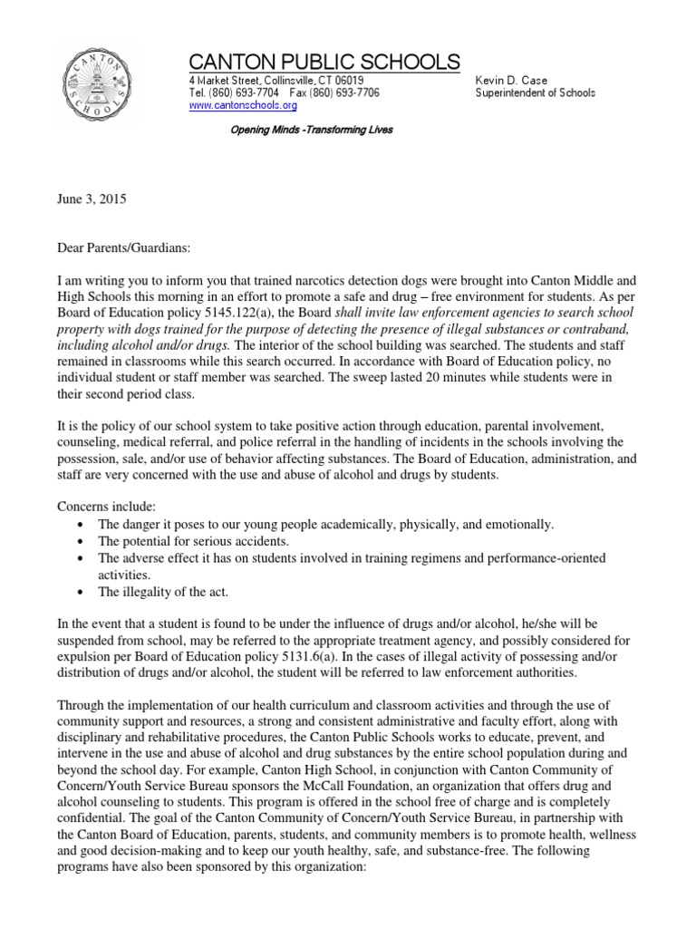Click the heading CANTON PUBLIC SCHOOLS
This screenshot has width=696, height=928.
click(x=324, y=62)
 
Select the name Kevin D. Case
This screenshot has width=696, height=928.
click(x=512, y=81)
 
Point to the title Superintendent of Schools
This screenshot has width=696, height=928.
click(x=535, y=93)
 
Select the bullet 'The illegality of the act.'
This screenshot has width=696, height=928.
click(x=164, y=592)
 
